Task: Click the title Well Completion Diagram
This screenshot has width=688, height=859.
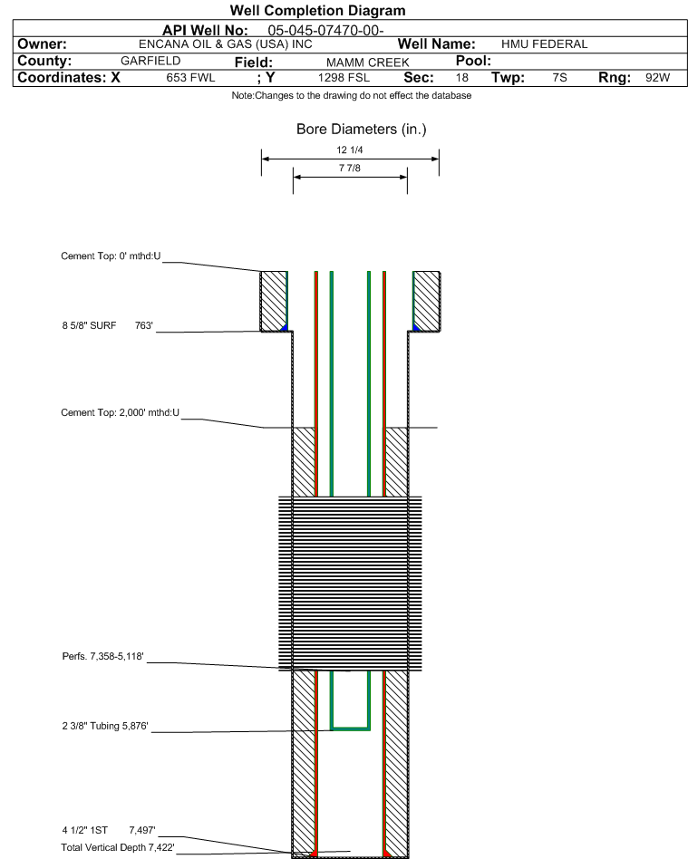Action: click(x=317, y=10)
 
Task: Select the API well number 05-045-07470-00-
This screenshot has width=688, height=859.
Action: click(x=325, y=30)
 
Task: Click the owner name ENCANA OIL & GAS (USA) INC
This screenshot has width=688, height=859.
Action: click(x=226, y=44)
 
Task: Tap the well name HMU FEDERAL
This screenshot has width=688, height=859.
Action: click(x=545, y=43)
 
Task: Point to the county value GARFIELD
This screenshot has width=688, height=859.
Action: click(x=150, y=61)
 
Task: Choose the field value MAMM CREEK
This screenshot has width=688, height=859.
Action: click(x=368, y=63)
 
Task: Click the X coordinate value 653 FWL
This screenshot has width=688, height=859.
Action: click(x=190, y=78)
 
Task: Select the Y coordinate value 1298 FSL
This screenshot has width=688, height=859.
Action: click(x=344, y=78)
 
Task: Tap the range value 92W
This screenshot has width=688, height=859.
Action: click(x=657, y=77)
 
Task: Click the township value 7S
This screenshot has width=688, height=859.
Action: click(x=559, y=77)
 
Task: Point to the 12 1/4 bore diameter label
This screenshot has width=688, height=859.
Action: click(x=350, y=150)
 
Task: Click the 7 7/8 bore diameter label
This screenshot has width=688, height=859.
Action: click(x=350, y=169)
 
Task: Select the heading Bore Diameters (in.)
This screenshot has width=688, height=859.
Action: click(x=362, y=130)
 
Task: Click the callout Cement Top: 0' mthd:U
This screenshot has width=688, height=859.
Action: click(x=111, y=256)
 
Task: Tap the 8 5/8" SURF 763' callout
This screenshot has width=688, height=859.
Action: click(x=108, y=325)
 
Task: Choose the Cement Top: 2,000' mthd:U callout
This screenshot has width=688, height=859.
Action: click(x=120, y=412)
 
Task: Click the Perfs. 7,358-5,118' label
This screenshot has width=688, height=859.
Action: click(x=103, y=656)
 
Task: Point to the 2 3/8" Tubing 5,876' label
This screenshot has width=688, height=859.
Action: click(x=105, y=726)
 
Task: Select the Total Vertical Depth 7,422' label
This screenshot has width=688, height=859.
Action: click(x=118, y=847)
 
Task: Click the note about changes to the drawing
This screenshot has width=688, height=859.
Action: click(x=352, y=95)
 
